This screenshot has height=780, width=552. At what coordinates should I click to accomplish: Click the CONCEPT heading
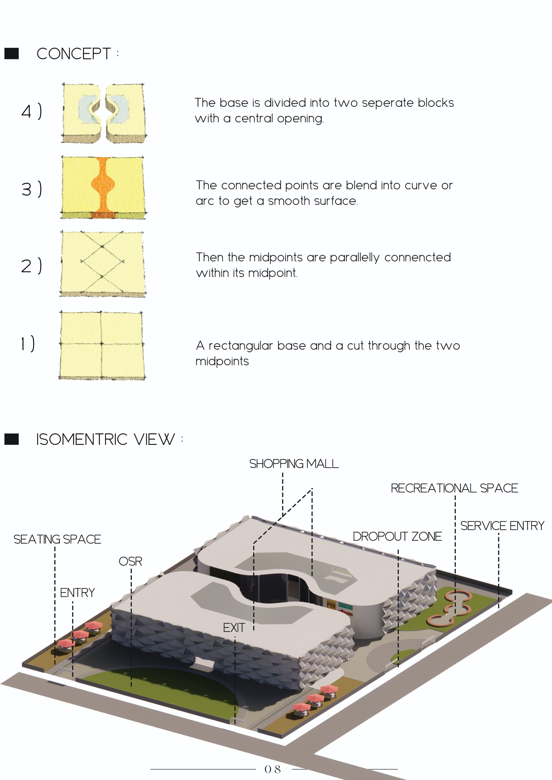[73, 54]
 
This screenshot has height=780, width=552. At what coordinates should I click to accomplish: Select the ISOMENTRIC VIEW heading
[105, 439]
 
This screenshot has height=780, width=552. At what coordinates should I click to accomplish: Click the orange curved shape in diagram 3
[103, 185]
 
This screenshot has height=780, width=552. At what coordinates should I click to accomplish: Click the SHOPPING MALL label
[294, 464]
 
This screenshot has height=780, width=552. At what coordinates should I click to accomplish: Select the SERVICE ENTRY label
[502, 526]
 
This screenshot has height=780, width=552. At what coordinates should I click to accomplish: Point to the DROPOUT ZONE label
[397, 537]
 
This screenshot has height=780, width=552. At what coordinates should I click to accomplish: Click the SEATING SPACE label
[57, 539]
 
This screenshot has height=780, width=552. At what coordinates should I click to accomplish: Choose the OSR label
[130, 561]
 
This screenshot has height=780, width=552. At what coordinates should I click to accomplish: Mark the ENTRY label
[77, 593]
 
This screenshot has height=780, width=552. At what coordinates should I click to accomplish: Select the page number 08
[273, 769]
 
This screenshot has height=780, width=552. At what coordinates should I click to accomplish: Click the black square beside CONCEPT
[12, 54]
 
